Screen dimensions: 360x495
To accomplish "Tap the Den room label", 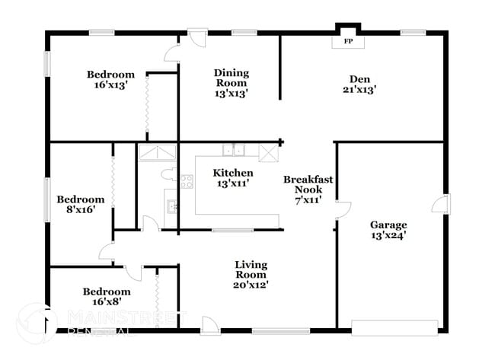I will click(x=359, y=79).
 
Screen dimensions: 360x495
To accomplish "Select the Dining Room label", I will click(x=232, y=78).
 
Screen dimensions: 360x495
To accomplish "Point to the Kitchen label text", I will click(x=232, y=173).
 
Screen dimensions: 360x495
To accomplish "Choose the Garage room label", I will click(x=388, y=225).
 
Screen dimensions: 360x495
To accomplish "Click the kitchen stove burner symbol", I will click(x=187, y=180).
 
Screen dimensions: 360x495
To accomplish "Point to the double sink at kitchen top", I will click(x=233, y=149).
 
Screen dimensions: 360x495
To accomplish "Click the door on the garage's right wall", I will click(x=442, y=203).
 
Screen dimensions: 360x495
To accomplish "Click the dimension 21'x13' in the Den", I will click(x=359, y=90).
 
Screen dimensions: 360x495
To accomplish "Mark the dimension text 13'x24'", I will click(x=388, y=235).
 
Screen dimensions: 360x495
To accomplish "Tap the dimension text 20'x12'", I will click(x=251, y=285).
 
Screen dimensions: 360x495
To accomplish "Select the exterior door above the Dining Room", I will click(x=198, y=38).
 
